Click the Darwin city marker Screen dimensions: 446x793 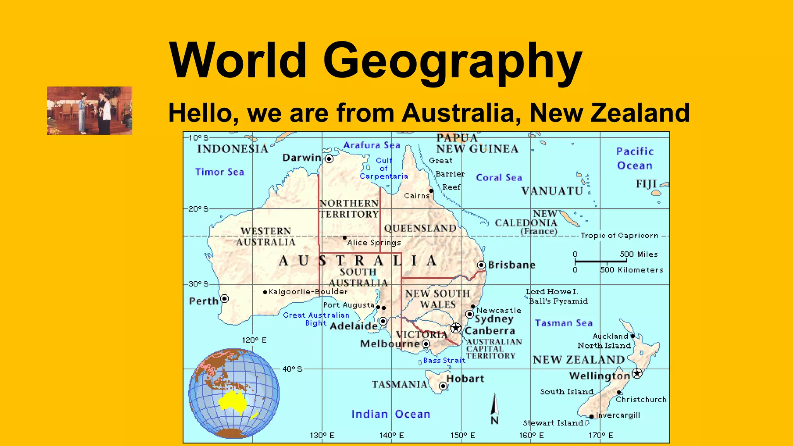tap(329, 159)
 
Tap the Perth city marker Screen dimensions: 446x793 tap(225, 298)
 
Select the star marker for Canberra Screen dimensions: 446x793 tap(456, 328)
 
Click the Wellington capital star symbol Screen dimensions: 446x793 tap(637, 373)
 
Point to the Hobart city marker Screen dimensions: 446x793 tap(443, 386)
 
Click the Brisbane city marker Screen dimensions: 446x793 tap(481, 265)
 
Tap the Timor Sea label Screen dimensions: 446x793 tap(220, 172)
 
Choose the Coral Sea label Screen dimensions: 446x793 tap(499, 178)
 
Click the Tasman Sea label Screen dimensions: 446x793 tap(563, 323)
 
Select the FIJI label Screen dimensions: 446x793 tap(646, 184)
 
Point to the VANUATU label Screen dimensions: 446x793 tap(552, 191)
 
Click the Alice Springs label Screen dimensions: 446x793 tap(374, 243)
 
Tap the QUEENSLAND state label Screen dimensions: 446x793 tap(420, 228)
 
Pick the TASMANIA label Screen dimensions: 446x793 tap(399, 384)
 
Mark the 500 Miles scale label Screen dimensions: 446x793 tap(639, 254)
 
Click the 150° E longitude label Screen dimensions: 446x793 tap(462, 436)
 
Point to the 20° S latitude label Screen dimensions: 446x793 tap(198, 209)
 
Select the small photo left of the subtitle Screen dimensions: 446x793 tap(89, 111)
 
